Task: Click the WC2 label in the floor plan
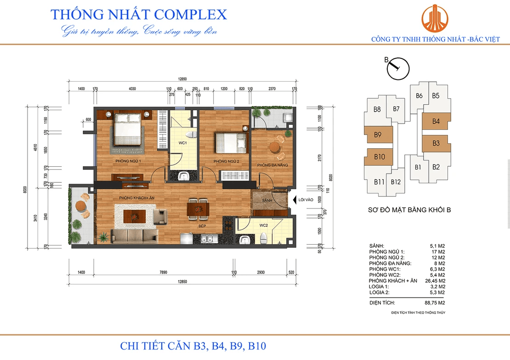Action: pos(263,225)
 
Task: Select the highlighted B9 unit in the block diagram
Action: pos(378,135)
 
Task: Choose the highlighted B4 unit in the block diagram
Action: pos(436,122)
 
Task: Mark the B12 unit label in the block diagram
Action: pos(396,182)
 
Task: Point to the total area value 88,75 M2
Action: pos(434,303)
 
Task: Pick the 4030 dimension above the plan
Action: pos(132,88)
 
